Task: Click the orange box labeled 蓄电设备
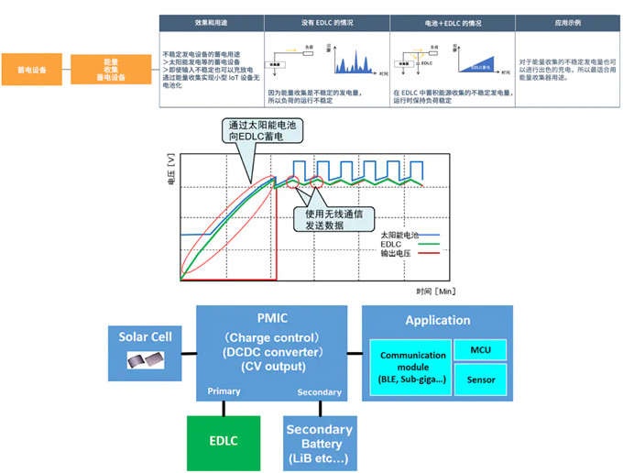[32, 70]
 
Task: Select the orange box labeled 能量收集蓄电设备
[109, 70]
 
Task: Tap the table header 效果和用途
[211, 22]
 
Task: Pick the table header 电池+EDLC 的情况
[452, 22]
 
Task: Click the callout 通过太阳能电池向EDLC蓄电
[263, 132]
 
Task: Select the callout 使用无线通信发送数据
[326, 219]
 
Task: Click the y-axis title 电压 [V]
[171, 170]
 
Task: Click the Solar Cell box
[146, 349]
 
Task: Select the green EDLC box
[224, 441]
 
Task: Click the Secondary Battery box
[319, 443]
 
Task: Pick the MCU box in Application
[479, 349]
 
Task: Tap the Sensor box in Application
[479, 379]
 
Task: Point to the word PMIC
[273, 318]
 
